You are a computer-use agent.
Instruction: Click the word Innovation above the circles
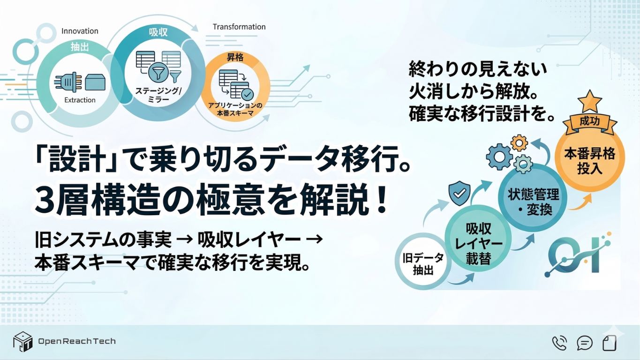point(80,31)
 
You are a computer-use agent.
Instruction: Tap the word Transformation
point(239,27)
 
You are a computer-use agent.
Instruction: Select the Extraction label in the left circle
point(80,100)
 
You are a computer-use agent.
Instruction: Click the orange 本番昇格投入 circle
point(589,159)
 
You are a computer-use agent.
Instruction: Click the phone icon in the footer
point(559,343)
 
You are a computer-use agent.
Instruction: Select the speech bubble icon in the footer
point(585,343)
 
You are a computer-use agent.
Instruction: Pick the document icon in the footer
point(610,343)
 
